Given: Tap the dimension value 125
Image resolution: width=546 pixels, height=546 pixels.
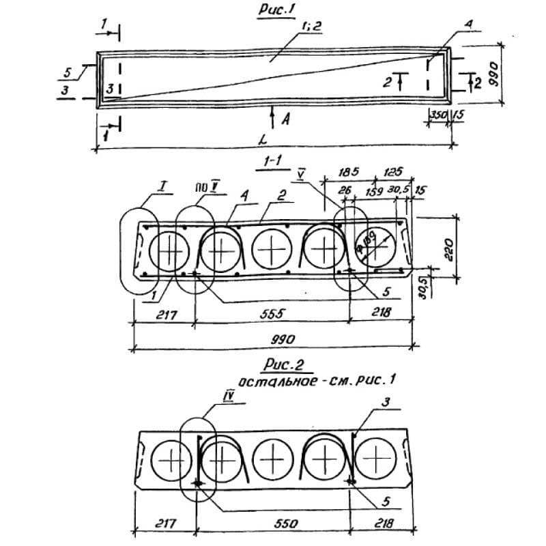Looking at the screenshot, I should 392,172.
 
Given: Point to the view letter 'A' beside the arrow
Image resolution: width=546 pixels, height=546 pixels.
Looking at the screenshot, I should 285,119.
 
